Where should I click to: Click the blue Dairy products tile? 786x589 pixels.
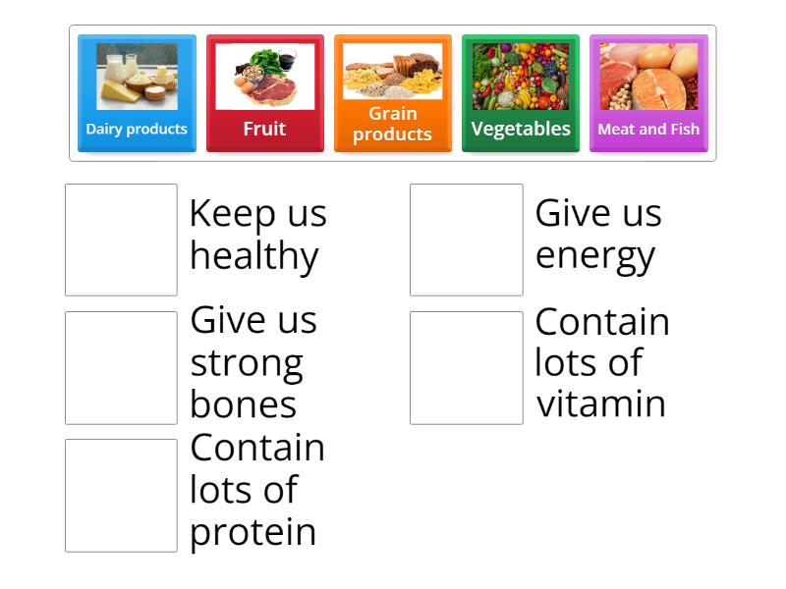(137, 94)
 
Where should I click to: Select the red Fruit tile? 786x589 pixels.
(264, 94)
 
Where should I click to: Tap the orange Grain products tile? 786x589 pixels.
(392, 94)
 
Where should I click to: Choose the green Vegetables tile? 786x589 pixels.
(520, 94)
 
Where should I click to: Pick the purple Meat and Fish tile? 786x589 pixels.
(648, 94)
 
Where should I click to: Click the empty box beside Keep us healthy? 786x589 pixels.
(121, 240)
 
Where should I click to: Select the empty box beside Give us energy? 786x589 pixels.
(467, 240)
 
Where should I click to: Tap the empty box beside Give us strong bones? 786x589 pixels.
(121, 368)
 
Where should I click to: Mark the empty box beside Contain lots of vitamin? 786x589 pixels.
(467, 368)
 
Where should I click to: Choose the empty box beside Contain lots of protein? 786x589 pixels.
(121, 496)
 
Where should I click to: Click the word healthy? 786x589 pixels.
(254, 256)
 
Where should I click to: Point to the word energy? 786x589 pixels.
(594, 256)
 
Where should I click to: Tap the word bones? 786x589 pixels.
(243, 404)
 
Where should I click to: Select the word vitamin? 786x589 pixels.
(600, 403)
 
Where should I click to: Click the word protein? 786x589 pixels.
(253, 532)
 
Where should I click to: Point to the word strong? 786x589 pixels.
(247, 364)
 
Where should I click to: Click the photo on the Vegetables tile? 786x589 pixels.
(520, 76)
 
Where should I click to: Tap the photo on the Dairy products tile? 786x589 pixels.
(137, 76)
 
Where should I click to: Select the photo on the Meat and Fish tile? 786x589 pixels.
(648, 76)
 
